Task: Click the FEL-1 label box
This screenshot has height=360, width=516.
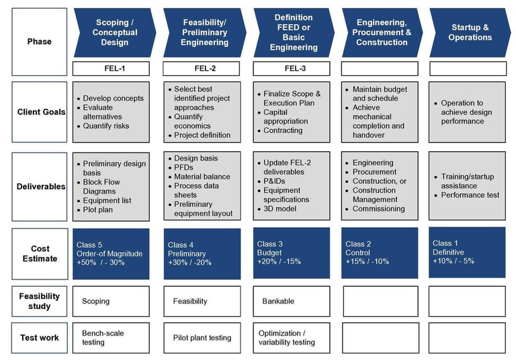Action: [x=111, y=68]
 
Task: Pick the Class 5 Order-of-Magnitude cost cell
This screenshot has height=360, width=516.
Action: [x=111, y=253]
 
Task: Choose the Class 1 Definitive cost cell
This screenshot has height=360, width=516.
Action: [x=467, y=252]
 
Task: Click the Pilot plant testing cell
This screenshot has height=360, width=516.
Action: [x=202, y=338]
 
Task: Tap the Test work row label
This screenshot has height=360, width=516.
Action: [x=39, y=338]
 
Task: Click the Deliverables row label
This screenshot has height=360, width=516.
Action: [x=39, y=187]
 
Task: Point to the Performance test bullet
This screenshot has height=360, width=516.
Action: [x=470, y=195]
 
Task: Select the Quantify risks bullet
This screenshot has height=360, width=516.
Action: [x=105, y=126]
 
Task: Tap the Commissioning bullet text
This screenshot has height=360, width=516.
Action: [x=378, y=209]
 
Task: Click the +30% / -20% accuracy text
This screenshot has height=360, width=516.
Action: [x=189, y=263]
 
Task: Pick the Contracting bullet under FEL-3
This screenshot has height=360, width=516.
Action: [x=283, y=130]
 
